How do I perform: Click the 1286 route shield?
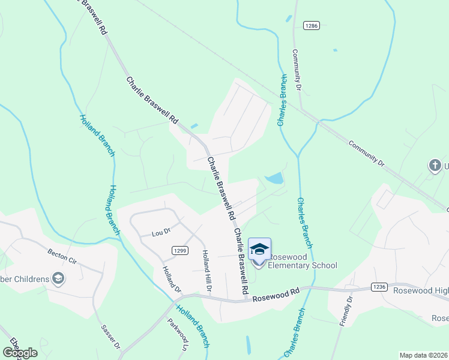311,25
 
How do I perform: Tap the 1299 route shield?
179,250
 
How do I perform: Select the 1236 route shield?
379,287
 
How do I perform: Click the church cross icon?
434,165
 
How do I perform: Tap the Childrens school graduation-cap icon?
58,278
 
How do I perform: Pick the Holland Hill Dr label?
207,271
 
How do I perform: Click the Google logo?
20,352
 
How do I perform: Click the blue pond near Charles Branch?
274,179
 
